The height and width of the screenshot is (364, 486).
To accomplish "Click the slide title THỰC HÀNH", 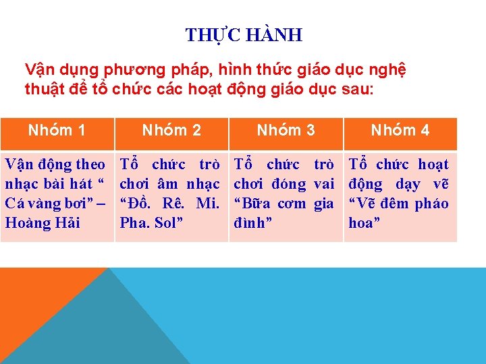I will (244, 34).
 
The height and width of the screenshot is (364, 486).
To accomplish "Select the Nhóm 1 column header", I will (57, 130).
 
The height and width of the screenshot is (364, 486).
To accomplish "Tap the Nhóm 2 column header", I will (171, 130).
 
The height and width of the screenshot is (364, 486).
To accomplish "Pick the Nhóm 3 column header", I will (286, 130).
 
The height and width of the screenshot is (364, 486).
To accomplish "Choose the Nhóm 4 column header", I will (400, 130).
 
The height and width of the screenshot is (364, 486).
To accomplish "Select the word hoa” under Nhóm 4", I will (363, 222).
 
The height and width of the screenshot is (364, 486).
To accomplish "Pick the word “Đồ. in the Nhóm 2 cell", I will (137, 204).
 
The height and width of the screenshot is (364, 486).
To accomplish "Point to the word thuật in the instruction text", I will (45, 89).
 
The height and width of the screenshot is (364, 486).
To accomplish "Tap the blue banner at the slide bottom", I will (304, 317).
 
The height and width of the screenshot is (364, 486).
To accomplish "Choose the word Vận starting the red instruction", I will (39, 69).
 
